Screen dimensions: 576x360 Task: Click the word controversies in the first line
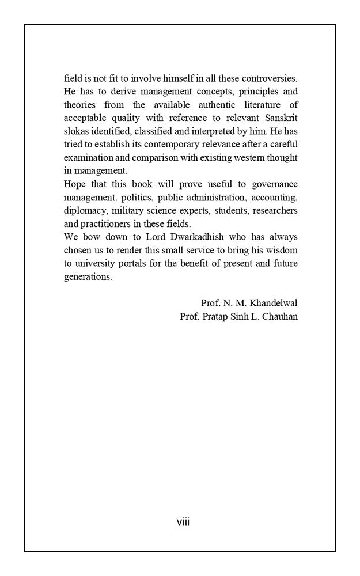pos(271,78)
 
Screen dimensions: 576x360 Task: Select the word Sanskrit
pos(280,118)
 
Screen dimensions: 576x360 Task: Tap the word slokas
pos(75,131)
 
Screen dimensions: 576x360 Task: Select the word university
pos(94,264)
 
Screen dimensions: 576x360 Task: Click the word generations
pos(87,277)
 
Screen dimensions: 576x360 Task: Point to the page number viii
pos(183,522)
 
